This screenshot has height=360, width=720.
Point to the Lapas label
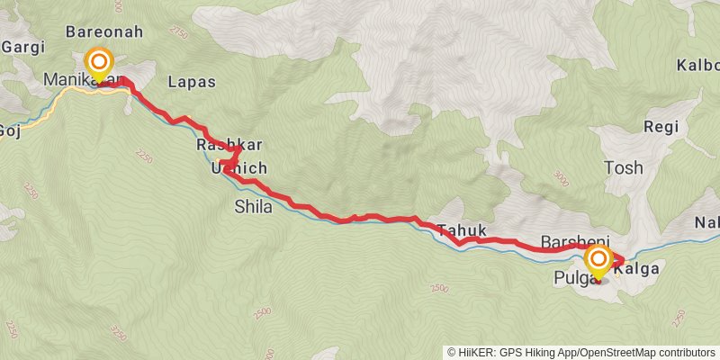(192, 82)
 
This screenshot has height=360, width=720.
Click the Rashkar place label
(216, 145)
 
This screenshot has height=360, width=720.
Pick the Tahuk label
(454, 229)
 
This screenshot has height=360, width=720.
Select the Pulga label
(571, 279)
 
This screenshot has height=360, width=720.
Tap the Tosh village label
(625, 168)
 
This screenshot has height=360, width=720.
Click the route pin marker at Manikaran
(98, 64)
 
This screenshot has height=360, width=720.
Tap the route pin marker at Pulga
(598, 262)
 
